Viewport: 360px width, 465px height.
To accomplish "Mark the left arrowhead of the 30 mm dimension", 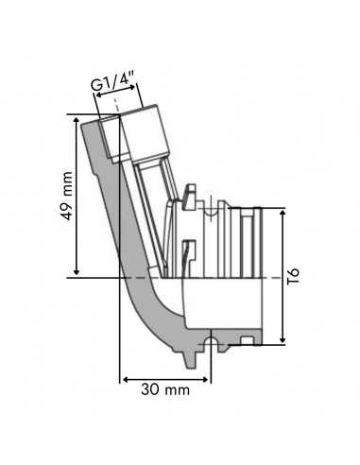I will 123,376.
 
